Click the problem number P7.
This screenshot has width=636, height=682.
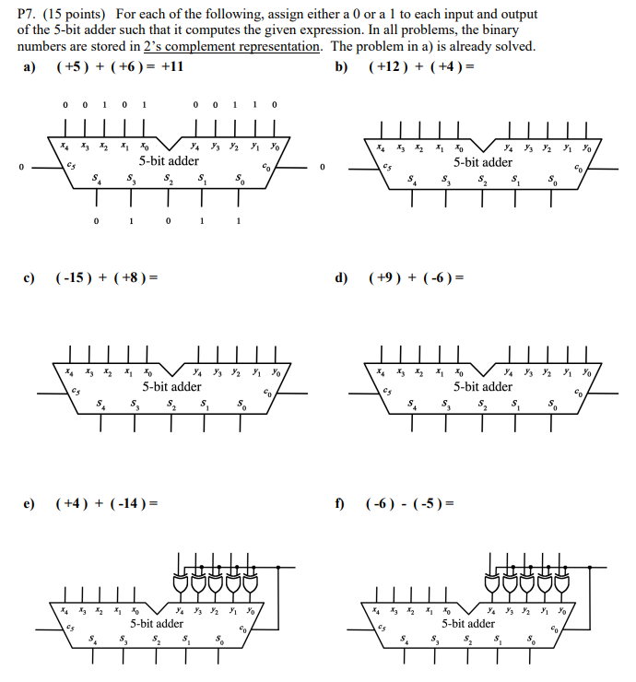tap(29, 15)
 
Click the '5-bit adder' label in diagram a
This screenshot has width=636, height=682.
tap(169, 161)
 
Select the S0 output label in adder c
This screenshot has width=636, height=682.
tap(241, 404)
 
